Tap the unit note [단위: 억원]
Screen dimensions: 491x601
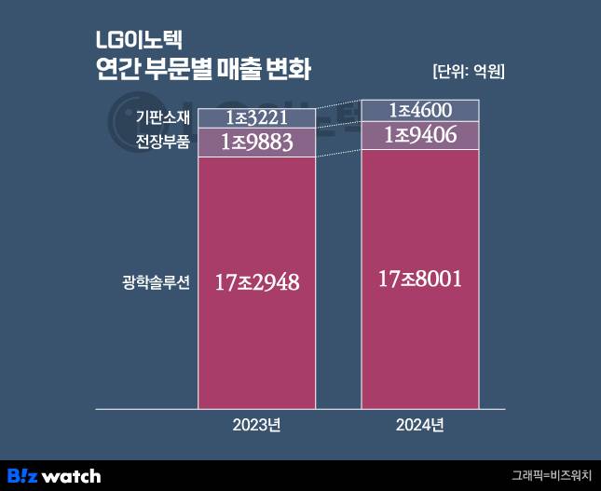pyautogui.click(x=469, y=72)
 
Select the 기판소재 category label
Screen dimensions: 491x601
pyautogui.click(x=162, y=117)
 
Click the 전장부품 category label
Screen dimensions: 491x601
pyautogui.click(x=162, y=143)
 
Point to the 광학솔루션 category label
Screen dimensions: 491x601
pyautogui.click(x=156, y=281)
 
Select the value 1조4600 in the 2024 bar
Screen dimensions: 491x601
pyautogui.click(x=419, y=110)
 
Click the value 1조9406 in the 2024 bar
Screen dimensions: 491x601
pyautogui.click(x=419, y=136)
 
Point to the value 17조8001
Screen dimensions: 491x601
pyautogui.click(x=419, y=278)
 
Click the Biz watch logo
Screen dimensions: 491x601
pyautogui.click(x=54, y=476)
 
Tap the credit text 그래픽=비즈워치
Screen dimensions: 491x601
pyautogui.click(x=552, y=476)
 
